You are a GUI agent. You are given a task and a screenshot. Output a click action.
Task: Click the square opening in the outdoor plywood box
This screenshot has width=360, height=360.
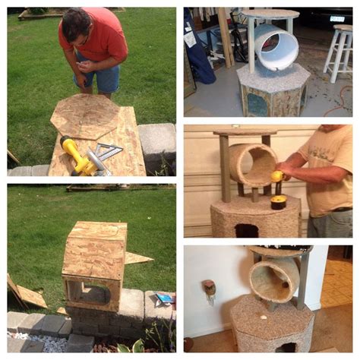click(x=88, y=292)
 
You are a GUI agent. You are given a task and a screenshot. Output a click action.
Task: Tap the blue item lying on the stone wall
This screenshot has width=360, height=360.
click(x=163, y=298)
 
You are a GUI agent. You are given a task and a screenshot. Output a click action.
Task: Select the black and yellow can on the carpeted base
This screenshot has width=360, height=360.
click(x=278, y=201)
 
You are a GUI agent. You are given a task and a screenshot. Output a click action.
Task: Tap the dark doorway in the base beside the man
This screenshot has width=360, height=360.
click(x=245, y=229)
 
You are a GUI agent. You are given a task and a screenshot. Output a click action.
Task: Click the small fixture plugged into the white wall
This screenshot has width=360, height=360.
click(x=209, y=288)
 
